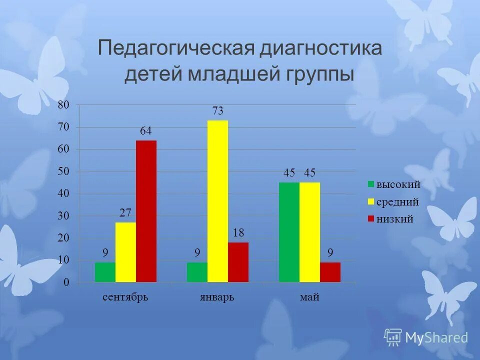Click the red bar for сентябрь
(146, 211)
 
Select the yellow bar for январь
(217, 201)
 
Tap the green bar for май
(289, 232)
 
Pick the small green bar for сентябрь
(105, 272)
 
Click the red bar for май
(330, 272)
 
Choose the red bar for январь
(238, 262)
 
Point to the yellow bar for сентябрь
(125, 252)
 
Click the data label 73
(217, 111)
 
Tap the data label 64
(145, 131)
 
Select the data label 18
(238, 233)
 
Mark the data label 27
(125, 213)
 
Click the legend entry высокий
(397, 185)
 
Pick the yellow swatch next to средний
(371, 202)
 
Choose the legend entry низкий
(394, 219)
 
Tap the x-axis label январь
(217, 297)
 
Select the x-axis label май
(309, 297)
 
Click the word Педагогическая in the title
(175, 48)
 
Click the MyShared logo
(426, 337)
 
